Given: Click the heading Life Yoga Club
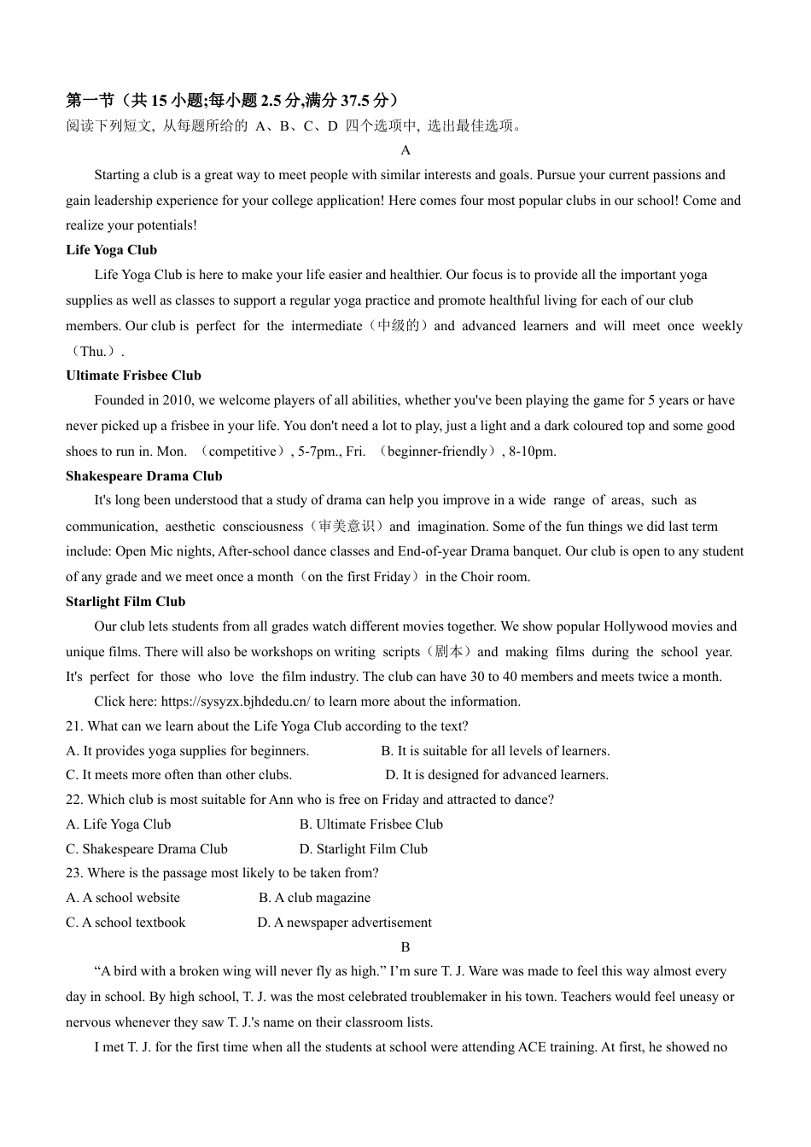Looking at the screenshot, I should click(111, 250).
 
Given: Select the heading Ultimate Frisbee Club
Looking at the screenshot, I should click(133, 376).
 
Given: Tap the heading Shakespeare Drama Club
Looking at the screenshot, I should click(143, 476).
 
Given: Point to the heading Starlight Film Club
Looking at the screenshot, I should click(125, 602).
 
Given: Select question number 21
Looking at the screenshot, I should click(73, 726).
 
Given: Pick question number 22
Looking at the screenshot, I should click(73, 800).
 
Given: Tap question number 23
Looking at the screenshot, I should click(73, 873).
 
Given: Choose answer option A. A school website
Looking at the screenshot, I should click(123, 898).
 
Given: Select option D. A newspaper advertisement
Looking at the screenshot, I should click(344, 923).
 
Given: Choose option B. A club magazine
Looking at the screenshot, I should click(314, 898).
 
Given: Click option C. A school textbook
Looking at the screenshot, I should click(125, 923).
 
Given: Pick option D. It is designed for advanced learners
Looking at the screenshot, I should click(497, 775).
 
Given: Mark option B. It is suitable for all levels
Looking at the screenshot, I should click(495, 751).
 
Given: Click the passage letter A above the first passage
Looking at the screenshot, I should click(405, 150).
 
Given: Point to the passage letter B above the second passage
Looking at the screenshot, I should click(405, 947).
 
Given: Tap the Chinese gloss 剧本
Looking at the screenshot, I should click(448, 652).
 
